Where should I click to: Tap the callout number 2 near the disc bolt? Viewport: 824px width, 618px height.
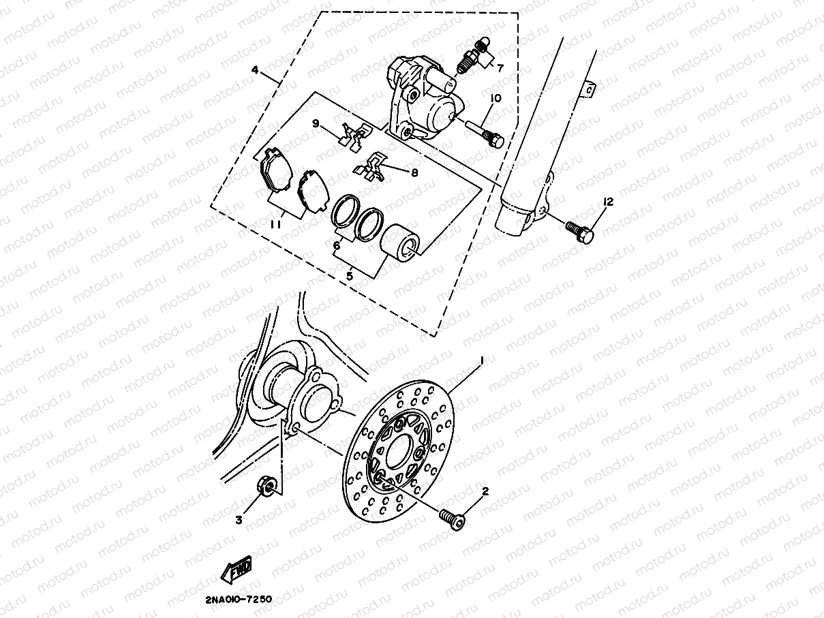click(x=485, y=491)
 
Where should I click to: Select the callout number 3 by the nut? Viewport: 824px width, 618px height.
click(x=239, y=520)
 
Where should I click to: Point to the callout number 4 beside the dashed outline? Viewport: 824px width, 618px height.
click(x=254, y=70)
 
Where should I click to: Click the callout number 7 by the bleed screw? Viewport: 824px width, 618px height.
click(x=500, y=67)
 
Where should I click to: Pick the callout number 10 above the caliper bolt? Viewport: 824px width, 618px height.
click(x=495, y=99)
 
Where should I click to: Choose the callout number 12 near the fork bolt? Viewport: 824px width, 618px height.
click(x=608, y=202)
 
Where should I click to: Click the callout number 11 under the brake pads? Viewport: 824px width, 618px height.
click(x=275, y=224)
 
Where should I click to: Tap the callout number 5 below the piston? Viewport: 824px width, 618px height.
click(x=350, y=276)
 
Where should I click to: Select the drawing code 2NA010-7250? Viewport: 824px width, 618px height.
click(x=238, y=600)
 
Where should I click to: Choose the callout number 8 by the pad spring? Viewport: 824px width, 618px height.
click(x=414, y=172)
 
